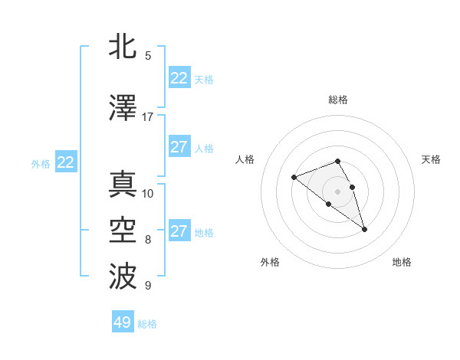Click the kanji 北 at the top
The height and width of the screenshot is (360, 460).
point(123,47)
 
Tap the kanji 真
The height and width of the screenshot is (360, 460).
point(123,184)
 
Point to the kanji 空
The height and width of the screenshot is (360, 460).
point(123,231)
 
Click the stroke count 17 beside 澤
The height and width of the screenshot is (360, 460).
point(148,117)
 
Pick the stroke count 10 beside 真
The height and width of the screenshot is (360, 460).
point(148,193)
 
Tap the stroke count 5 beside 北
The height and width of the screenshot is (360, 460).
point(148,56)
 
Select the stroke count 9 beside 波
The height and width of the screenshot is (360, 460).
point(148,286)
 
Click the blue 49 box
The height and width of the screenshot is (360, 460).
point(123,322)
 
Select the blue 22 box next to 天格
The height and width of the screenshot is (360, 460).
point(179,78)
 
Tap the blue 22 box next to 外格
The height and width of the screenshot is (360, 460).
point(66,162)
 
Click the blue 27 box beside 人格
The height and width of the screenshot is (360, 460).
point(179,147)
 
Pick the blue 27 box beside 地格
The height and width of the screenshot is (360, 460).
point(179,231)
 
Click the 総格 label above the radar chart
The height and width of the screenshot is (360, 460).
point(338,100)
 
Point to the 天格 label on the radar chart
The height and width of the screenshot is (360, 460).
point(431,159)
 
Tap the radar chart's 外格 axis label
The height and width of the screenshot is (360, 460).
point(270,262)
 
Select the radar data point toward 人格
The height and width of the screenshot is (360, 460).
point(294,178)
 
